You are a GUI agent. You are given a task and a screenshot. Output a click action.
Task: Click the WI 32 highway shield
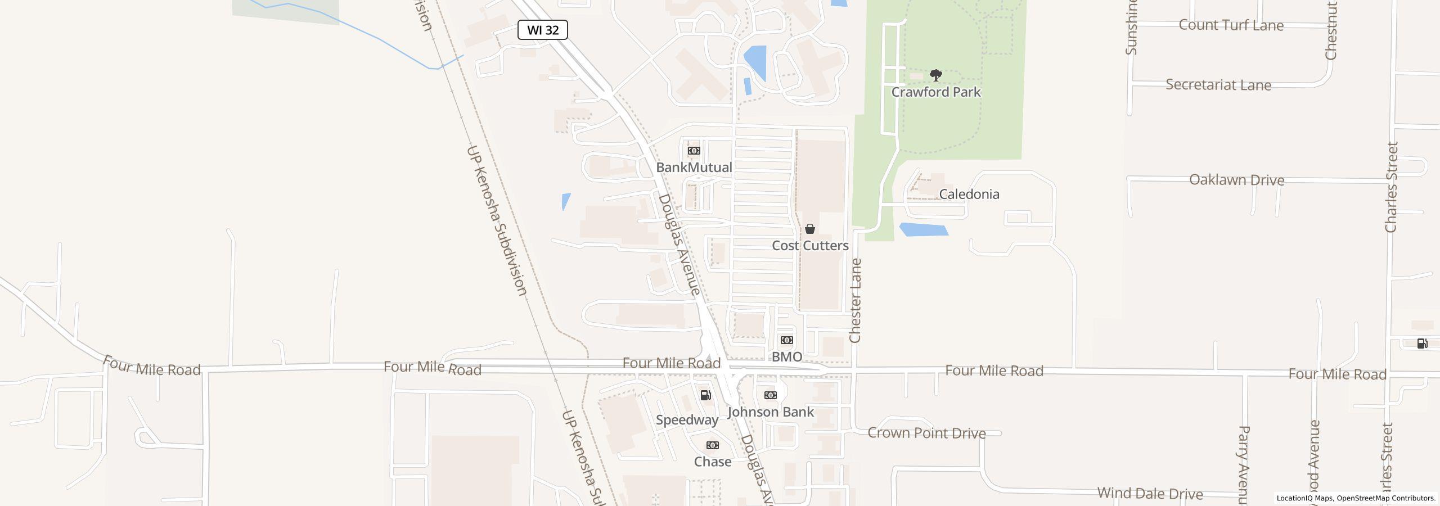pyautogui.click(x=542, y=30)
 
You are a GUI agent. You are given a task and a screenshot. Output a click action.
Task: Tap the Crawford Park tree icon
pyautogui.click(x=935, y=75)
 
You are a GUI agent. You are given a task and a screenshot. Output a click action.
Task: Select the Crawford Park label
pyautogui.click(x=935, y=92)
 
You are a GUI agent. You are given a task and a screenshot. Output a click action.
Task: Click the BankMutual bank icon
pyautogui.click(x=694, y=151)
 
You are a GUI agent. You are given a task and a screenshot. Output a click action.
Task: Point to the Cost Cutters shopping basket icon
pyautogui.click(x=810, y=229)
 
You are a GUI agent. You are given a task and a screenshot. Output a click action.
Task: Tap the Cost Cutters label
pyautogui.click(x=810, y=246)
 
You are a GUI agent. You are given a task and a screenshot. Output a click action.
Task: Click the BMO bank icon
pyautogui.click(x=786, y=340)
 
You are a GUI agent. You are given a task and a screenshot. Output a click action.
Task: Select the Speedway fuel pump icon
pyautogui.click(x=705, y=395)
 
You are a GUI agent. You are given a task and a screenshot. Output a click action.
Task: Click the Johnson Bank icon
pyautogui.click(x=770, y=395)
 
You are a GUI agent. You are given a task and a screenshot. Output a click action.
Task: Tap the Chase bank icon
pyautogui.click(x=712, y=445)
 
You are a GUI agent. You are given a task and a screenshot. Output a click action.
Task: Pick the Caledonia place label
pyautogui.click(x=969, y=195)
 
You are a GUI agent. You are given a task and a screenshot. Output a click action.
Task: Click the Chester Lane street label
pyautogui.click(x=855, y=301)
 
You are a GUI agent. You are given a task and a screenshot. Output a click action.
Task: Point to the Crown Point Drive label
pyautogui.click(x=926, y=433)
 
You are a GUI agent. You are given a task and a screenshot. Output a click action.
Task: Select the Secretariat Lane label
pyautogui.click(x=1218, y=85)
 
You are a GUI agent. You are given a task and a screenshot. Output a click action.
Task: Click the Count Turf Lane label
pyautogui.click(x=1231, y=25)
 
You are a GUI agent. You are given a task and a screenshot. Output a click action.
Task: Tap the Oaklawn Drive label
pyautogui.click(x=1236, y=180)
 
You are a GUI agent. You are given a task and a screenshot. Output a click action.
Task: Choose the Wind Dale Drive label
pyautogui.click(x=1150, y=494)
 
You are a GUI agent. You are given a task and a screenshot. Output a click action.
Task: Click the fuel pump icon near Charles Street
pyautogui.click(x=1422, y=344)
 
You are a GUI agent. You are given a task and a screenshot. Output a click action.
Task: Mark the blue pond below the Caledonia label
pyautogui.click(x=924, y=229)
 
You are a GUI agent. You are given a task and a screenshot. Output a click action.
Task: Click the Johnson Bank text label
pyautogui.click(x=770, y=412)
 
